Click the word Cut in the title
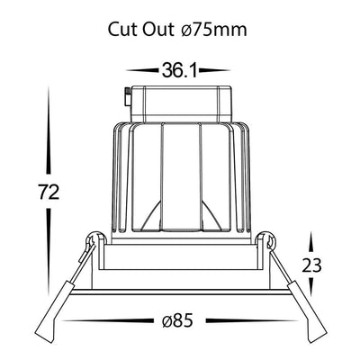122,30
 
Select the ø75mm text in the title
214,30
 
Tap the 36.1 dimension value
179,70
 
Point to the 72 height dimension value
49,193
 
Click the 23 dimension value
311,265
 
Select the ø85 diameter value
177,321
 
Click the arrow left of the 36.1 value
142,70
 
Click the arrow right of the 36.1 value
214,70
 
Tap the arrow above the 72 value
48,130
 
